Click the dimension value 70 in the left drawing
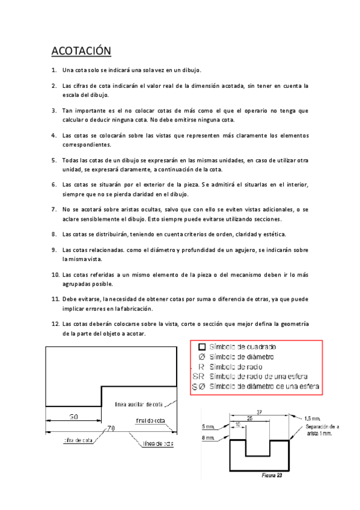click(111, 428)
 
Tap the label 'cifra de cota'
click(79, 440)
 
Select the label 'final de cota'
click(150, 420)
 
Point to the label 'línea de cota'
click(158, 444)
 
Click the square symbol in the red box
click(201, 347)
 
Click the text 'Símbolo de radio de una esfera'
click(258, 376)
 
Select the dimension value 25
click(249, 418)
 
